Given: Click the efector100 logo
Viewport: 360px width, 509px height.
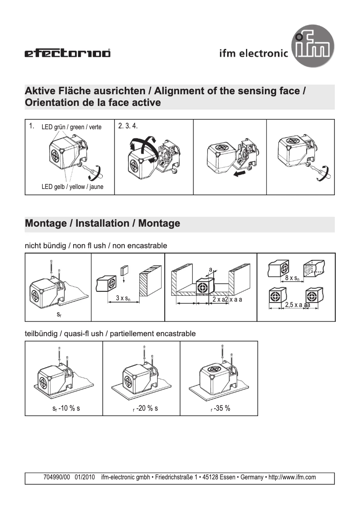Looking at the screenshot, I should coord(67,54).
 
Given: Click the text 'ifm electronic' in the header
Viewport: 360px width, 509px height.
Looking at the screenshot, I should coord(254,53).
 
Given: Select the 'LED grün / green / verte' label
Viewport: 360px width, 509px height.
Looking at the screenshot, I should coord(71,127).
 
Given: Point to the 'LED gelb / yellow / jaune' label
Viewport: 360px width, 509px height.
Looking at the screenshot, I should coord(72,187).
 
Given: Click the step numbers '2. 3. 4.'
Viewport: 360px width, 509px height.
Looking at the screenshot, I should coord(128,126).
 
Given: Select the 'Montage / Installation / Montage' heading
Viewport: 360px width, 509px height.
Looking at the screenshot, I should coord(103,223).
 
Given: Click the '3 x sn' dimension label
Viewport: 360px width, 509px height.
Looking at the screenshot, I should coord(123,298).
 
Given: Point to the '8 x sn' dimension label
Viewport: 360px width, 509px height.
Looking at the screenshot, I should coord(293,278).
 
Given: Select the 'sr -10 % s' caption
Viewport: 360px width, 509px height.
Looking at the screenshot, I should coord(66,408).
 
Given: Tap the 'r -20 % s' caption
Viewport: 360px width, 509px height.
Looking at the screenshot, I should coord(142,408).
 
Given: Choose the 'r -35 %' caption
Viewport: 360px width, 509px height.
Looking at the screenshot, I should coord(220,408).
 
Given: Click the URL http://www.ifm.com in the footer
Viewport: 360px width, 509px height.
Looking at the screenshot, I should coord(292,478).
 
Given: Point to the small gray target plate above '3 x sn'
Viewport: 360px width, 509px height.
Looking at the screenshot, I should coord(124,270).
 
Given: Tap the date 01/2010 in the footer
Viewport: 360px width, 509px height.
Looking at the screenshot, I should coord(85,478).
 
